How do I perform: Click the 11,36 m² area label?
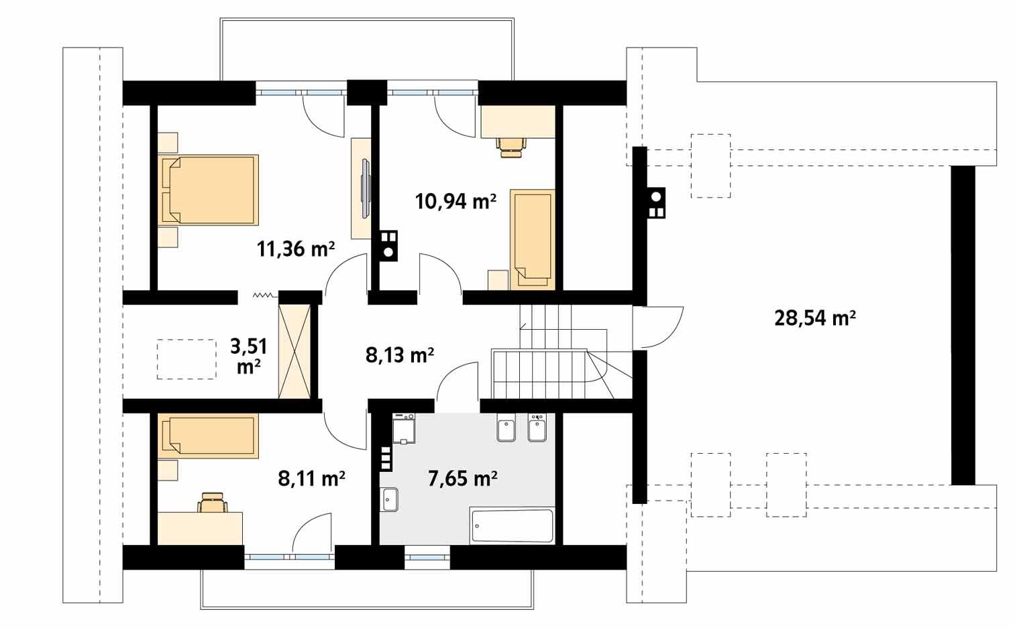[x=295, y=249]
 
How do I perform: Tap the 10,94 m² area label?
[x=456, y=200]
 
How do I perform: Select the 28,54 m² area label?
[x=814, y=318]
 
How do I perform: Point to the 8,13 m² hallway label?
[x=399, y=355]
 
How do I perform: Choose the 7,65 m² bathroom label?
[x=462, y=479]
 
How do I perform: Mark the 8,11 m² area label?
[x=311, y=479]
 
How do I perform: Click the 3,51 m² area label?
[x=248, y=356]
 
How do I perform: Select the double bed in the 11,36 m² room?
[x=208, y=190]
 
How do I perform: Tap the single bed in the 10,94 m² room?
[x=532, y=239]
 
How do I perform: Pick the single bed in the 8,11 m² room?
[x=208, y=436]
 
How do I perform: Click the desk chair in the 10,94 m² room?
[x=511, y=145]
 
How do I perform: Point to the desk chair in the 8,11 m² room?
[x=213, y=502]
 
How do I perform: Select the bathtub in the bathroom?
[x=512, y=525]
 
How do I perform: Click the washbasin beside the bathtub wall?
[x=389, y=499]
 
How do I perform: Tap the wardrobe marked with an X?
[x=295, y=351]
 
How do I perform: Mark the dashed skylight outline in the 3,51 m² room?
[x=186, y=359]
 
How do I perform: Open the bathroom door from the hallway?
[x=456, y=385]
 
